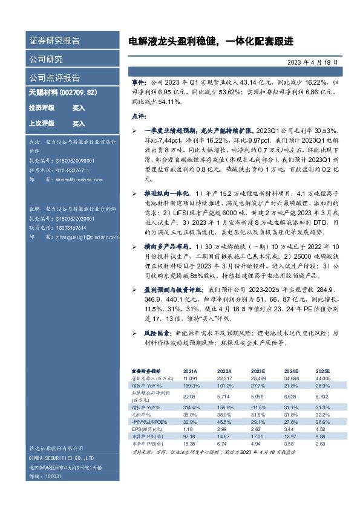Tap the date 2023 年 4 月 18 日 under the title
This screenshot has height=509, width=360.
(x=312, y=62)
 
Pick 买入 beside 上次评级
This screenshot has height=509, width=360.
(x=79, y=123)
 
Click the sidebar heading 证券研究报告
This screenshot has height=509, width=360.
(x=54, y=41)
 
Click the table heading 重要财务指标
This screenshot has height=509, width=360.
(x=147, y=371)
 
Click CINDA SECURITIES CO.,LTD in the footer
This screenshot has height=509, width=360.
(x=60, y=459)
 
